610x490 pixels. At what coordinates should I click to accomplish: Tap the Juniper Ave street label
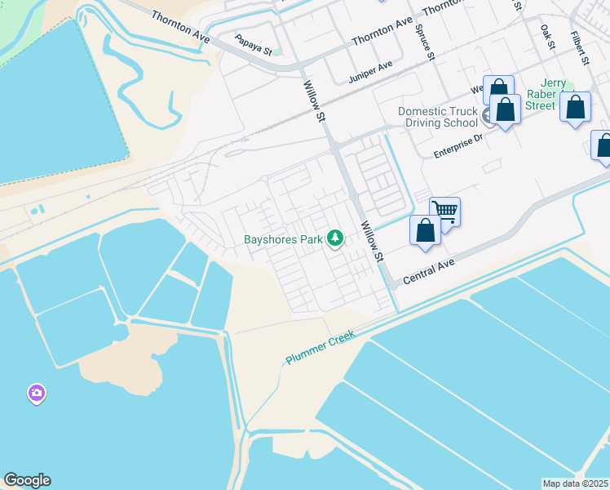click(x=370, y=73)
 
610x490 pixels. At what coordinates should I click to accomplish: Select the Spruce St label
click(x=425, y=42)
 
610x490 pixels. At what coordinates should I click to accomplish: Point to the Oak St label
click(x=546, y=37)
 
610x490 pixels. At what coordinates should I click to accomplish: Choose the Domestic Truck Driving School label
click(x=437, y=117)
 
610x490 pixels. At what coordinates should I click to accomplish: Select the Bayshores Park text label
click(x=283, y=240)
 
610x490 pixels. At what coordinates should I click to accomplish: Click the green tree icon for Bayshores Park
click(x=334, y=238)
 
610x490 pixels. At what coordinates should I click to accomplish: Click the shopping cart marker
click(x=445, y=211)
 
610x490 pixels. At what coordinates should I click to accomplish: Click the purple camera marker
click(x=36, y=394)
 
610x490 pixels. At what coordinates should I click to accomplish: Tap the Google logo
click(x=27, y=480)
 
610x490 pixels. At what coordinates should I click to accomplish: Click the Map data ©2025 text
click(x=576, y=483)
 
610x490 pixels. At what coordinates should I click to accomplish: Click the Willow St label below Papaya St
click(x=314, y=101)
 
